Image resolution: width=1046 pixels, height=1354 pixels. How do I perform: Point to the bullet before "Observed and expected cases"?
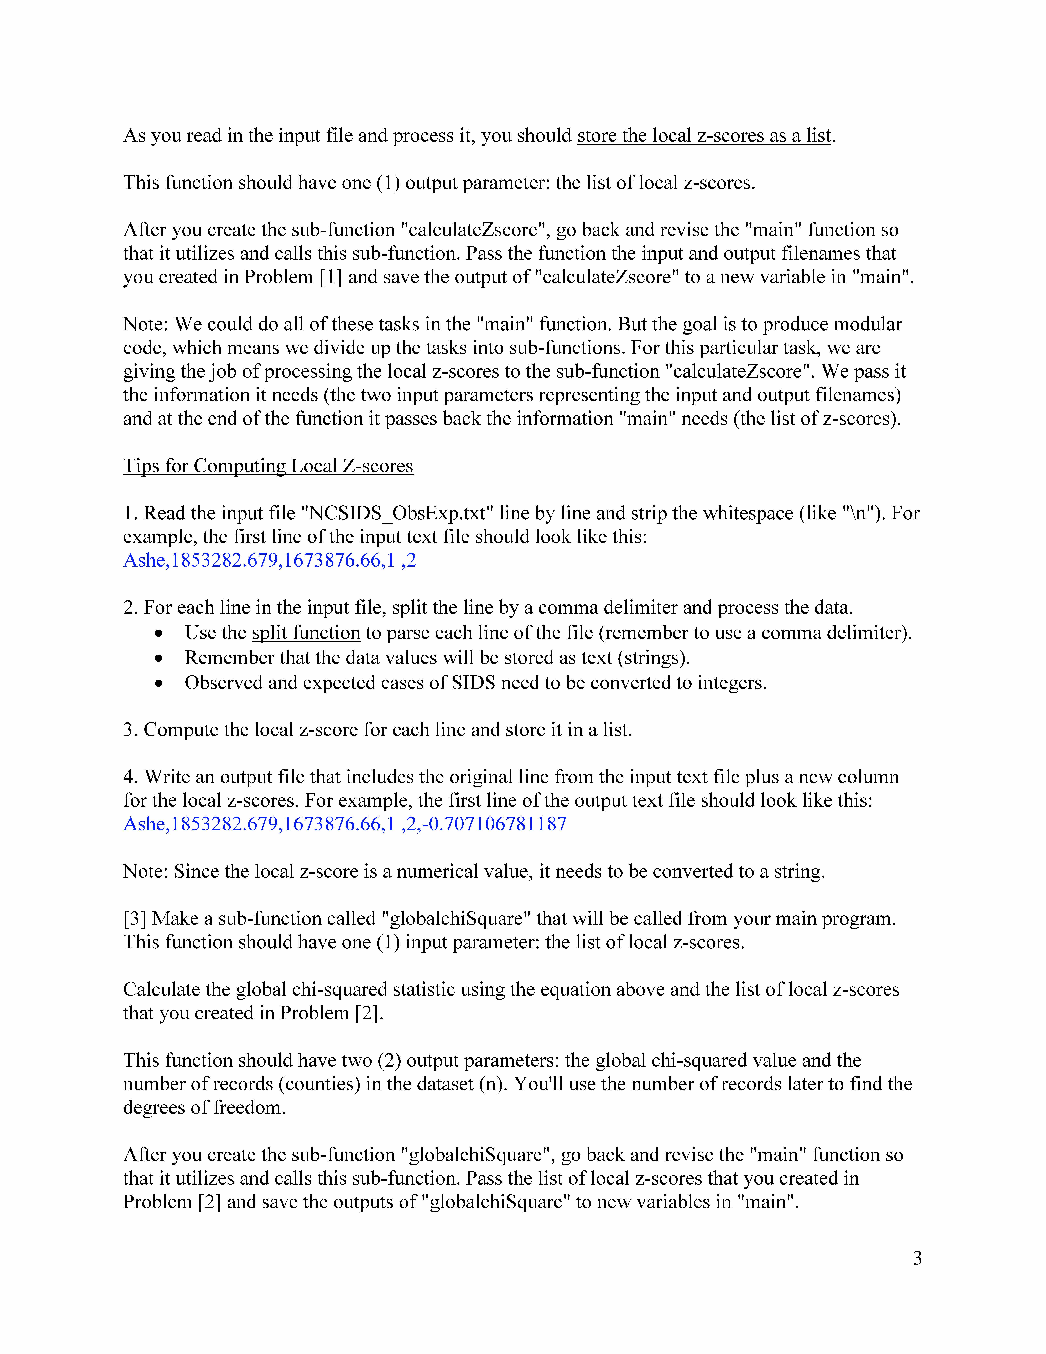pyautogui.click(x=160, y=683)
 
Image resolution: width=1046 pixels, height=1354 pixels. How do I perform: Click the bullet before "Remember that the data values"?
pyautogui.click(x=160, y=658)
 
